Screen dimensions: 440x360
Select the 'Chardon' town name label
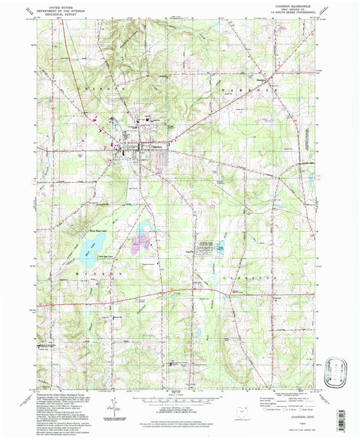tap(156, 147)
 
